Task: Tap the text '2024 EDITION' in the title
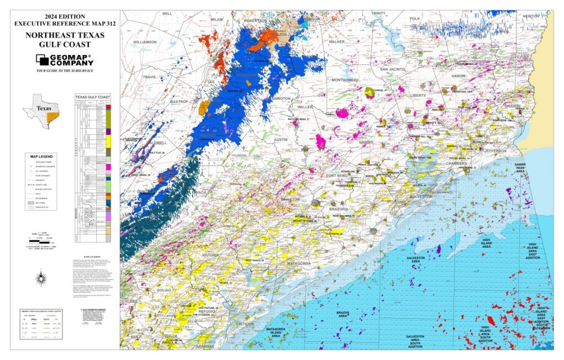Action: click(64, 15)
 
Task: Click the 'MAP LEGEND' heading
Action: click(42, 156)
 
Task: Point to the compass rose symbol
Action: click(41, 280)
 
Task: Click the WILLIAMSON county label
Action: click(145, 41)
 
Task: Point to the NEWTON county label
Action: click(531, 16)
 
